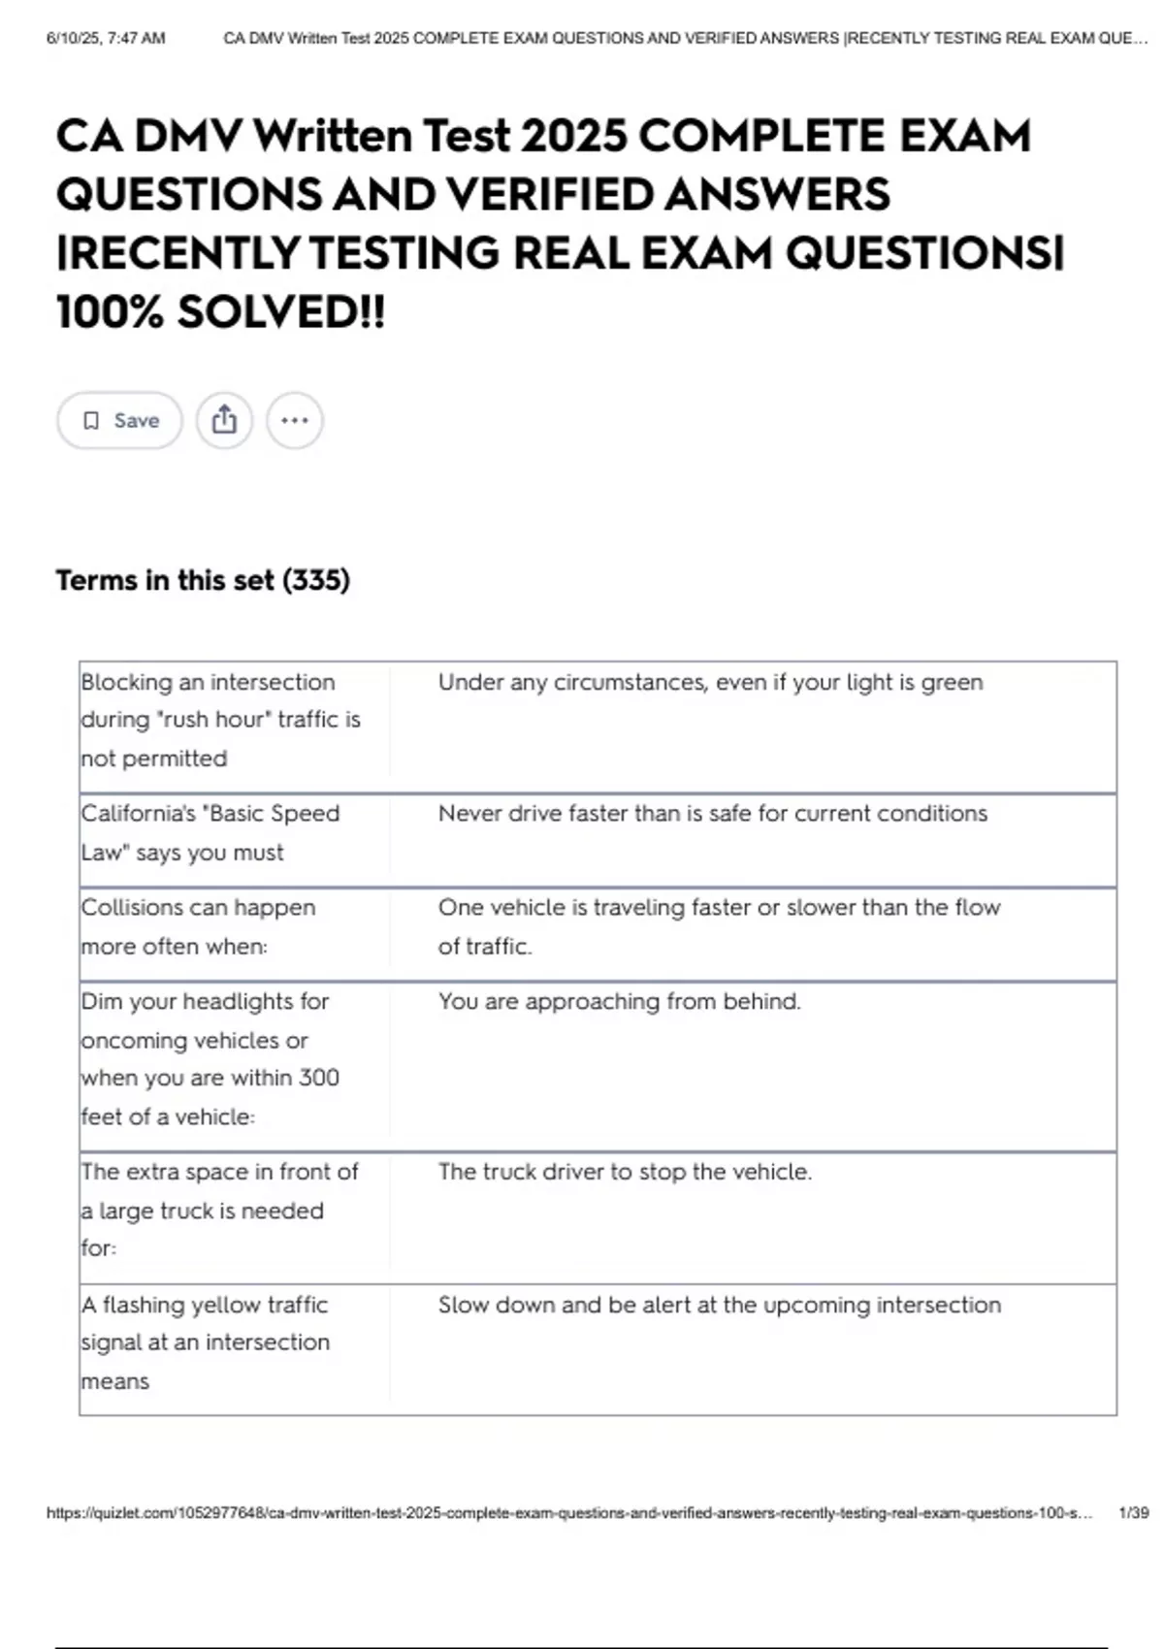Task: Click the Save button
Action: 119,420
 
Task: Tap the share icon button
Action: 224,420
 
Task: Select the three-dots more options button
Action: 294,420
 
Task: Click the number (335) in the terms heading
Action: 315,580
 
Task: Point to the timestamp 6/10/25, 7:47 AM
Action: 106,39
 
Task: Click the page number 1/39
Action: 1133,1512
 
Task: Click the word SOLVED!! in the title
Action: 280,312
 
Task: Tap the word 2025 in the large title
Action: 573,136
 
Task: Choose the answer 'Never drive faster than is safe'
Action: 712,813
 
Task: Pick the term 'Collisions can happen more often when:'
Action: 198,926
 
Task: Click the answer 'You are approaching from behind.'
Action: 619,1001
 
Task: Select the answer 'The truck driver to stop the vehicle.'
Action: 625,1172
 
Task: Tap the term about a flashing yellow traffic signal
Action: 205,1342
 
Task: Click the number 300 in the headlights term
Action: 318,1078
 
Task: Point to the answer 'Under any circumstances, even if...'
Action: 710,682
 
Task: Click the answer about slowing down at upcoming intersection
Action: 719,1305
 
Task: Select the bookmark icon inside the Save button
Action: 91,420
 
